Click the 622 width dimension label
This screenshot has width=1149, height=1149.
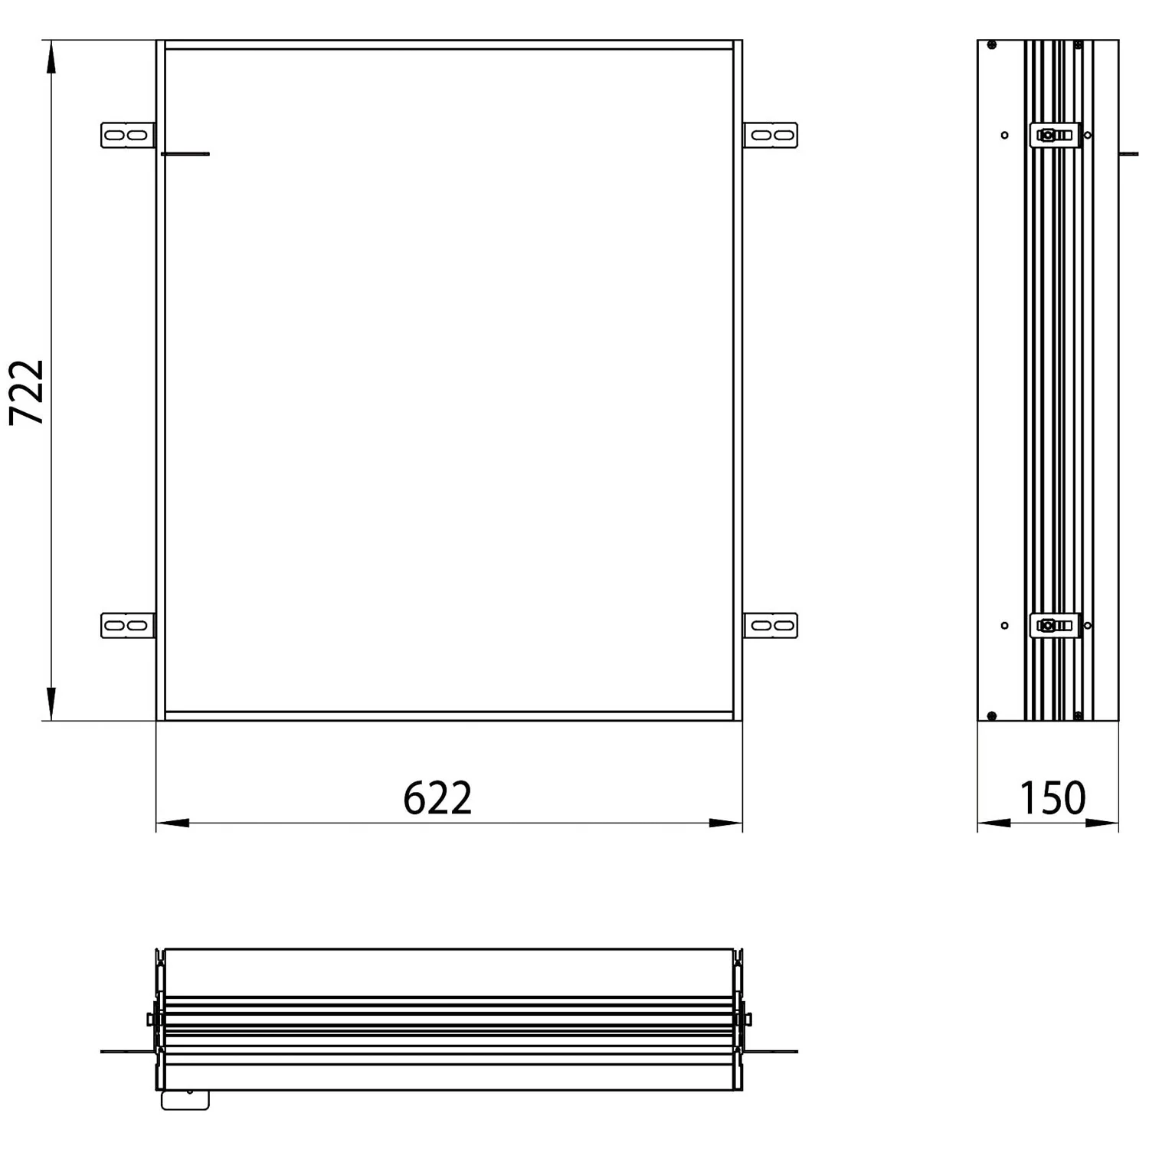coord(437,798)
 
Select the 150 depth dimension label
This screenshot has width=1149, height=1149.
coord(1052,798)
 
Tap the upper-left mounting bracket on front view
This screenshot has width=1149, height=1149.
coord(128,136)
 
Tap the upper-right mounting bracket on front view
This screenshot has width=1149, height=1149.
coord(771,136)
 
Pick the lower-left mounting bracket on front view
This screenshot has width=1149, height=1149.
coord(128,626)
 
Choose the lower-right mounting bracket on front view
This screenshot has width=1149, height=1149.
coord(771,626)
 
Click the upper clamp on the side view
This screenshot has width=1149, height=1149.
coord(1056,136)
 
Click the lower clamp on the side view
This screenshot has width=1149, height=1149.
coord(1056,626)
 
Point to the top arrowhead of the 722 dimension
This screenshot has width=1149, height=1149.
coord(51,57)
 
